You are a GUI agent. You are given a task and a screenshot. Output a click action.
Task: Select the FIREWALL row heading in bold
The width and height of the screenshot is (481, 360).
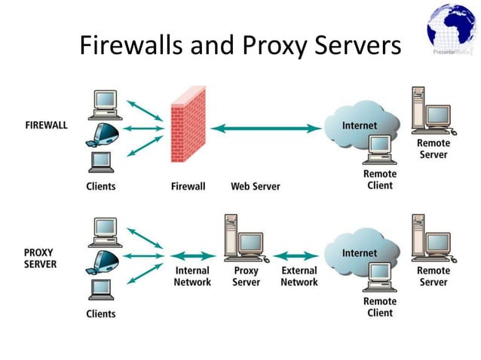coord(46,125)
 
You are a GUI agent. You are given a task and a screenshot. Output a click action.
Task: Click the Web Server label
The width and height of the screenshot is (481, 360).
coord(256,186)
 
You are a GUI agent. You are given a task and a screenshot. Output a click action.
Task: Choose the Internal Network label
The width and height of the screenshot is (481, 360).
coord(192,276)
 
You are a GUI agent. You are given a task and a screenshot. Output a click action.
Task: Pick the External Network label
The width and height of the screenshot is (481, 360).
coord(299,276)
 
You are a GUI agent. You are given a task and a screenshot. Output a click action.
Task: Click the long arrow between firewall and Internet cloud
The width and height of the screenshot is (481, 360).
coord(266,129)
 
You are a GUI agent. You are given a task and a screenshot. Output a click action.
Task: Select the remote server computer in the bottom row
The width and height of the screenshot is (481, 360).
coord(429,238)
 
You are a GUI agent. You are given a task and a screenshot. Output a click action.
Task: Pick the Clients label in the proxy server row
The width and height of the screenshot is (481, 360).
coord(101,313)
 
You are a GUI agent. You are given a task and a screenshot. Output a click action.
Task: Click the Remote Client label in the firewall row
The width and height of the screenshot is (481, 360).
coord(379,180)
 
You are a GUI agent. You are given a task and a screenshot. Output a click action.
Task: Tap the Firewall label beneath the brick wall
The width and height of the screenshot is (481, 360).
coord(188,186)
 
